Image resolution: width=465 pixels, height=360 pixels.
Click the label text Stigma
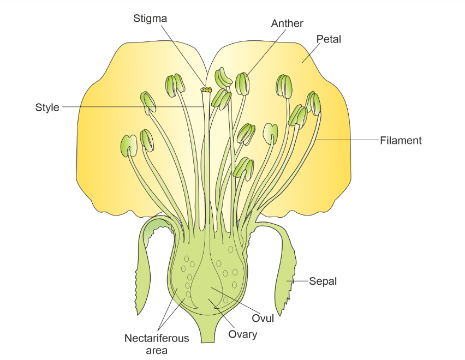coord(150,19)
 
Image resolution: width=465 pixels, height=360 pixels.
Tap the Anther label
coord(287,23)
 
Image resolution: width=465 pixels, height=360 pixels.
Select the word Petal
coord(329,39)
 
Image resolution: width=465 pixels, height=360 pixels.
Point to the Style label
coord(47,107)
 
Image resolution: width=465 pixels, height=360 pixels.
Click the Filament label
coord(401,141)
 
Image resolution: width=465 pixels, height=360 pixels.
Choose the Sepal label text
coord(323,281)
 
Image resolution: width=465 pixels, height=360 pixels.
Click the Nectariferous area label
coord(157,344)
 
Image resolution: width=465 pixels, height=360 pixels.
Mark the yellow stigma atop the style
coord(206,89)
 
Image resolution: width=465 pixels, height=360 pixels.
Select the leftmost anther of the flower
coord(129,146)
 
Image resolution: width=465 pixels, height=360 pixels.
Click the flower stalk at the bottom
coord(209,333)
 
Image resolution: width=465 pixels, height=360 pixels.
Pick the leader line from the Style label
coord(131,107)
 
